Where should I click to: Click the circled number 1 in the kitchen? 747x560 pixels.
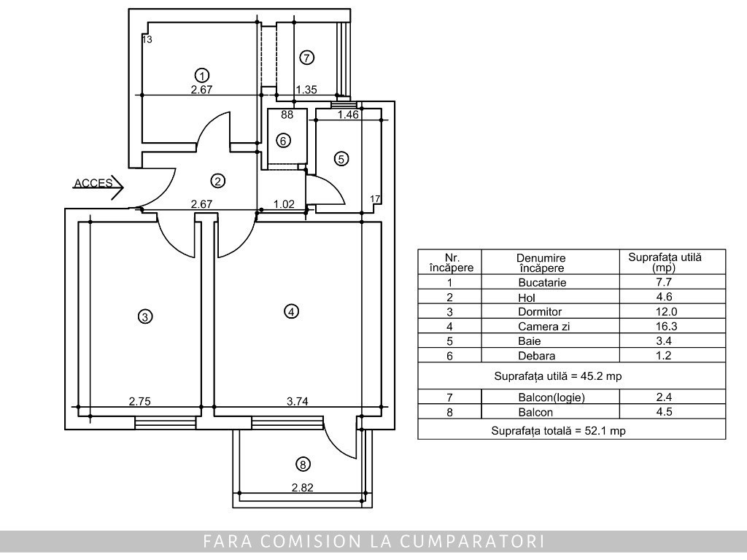point(203,75)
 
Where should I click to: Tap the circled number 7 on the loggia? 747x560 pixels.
point(307,58)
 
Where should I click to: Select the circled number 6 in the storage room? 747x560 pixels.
point(284,141)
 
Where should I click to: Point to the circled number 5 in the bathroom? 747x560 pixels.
point(341,158)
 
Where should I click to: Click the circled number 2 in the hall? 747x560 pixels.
point(217,181)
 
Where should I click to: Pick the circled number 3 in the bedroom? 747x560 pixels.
point(145,316)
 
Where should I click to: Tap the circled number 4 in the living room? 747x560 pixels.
point(291,311)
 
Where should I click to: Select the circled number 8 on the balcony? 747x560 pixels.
point(303,464)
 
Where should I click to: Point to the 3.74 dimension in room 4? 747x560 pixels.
point(298,402)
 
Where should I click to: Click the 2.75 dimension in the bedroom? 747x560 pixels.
point(139,402)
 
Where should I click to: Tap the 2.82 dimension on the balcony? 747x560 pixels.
point(303,488)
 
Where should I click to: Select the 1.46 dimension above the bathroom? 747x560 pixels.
point(348,114)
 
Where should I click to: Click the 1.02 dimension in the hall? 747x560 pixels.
point(284,204)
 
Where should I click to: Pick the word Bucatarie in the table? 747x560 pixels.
point(542,282)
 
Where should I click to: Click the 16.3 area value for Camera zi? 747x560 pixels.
point(664,326)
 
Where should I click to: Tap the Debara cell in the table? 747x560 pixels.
point(537,356)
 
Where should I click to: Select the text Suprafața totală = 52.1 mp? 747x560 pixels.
point(558,431)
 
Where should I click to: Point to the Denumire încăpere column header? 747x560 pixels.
point(541,262)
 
